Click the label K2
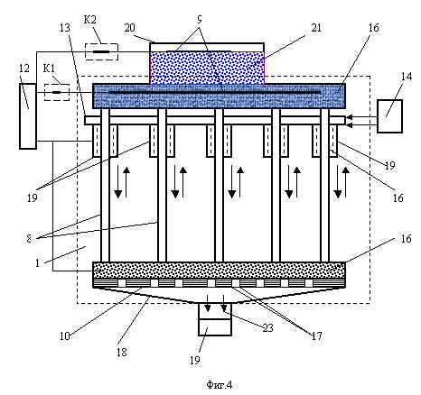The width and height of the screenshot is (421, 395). (x=89, y=20)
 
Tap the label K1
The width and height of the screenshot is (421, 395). (x=49, y=69)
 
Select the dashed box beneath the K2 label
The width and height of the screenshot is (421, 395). (x=101, y=51)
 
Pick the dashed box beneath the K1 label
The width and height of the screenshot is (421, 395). (x=57, y=92)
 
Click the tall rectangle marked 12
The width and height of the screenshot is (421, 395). (x=28, y=116)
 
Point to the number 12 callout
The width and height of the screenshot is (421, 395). (x=24, y=69)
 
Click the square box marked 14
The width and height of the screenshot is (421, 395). (x=389, y=116)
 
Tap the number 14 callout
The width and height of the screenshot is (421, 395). (x=406, y=77)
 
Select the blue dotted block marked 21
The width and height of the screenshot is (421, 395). (x=207, y=68)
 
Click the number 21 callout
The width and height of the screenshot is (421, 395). (x=316, y=28)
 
